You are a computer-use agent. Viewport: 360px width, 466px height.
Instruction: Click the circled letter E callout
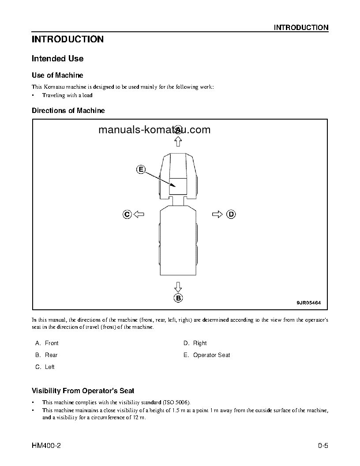tap(140, 169)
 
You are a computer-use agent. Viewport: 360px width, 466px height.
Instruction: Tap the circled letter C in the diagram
tap(127, 214)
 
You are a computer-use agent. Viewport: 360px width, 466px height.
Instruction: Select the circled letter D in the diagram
tap(231, 214)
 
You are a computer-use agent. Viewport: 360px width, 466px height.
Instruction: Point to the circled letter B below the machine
tap(178, 298)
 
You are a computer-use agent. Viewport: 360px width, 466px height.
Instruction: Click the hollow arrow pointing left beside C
tap(139, 214)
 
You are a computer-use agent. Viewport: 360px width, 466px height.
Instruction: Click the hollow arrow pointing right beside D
tap(217, 214)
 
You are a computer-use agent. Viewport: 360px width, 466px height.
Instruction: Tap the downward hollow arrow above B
tap(178, 286)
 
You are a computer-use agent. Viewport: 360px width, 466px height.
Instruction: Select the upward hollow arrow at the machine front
tap(178, 141)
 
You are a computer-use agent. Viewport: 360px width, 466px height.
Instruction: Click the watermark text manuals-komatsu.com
tap(154, 130)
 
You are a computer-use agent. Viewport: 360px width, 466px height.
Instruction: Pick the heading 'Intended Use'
tap(57, 59)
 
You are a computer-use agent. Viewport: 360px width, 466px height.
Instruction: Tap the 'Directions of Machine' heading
tap(68, 111)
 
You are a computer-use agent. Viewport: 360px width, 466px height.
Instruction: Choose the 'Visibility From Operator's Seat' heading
tap(83, 391)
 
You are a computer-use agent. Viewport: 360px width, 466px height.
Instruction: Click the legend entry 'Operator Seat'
tap(211, 355)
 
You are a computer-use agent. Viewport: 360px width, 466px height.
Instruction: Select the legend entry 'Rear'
tap(51, 355)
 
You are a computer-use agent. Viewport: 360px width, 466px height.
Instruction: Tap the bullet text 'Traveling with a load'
tap(67, 95)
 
